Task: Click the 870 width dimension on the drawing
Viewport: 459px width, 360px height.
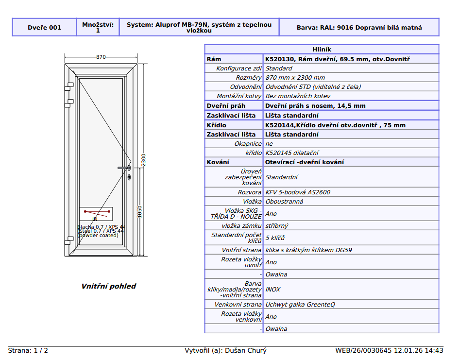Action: click(101, 57)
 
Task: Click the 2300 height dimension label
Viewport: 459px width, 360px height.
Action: click(143, 160)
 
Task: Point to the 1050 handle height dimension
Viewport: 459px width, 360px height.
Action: click(139, 212)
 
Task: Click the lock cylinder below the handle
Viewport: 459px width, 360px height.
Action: click(129, 177)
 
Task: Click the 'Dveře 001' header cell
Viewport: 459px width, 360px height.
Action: click(45, 28)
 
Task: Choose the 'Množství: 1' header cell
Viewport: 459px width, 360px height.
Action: click(98, 28)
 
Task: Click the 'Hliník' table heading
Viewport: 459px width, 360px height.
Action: click(322, 50)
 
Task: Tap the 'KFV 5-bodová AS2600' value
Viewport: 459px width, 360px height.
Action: click(298, 192)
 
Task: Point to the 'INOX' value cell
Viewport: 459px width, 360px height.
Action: click(273, 290)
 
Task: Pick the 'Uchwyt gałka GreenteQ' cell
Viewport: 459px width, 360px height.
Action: click(300, 305)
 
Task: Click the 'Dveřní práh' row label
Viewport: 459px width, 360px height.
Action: click(226, 106)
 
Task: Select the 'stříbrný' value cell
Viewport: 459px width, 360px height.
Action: click(277, 225)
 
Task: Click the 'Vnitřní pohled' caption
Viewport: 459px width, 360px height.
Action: click(109, 286)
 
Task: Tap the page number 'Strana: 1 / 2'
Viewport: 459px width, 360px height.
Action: click(28, 351)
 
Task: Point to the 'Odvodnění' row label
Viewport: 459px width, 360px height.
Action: click(246, 87)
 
